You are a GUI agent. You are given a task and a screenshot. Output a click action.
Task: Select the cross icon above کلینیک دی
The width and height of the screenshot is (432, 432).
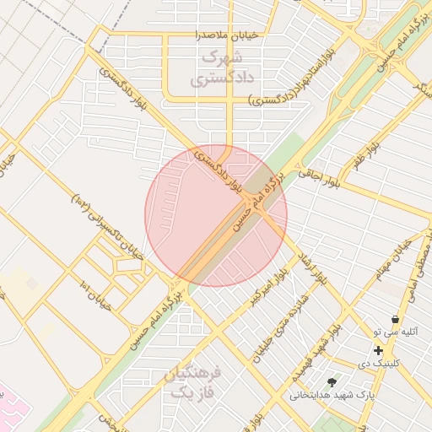tap(378, 350)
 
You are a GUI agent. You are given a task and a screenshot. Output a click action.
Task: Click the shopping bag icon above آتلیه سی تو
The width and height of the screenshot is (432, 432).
tap(396, 320)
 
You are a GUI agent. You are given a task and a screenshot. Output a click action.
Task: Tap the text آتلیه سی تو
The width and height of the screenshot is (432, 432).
tap(391, 333)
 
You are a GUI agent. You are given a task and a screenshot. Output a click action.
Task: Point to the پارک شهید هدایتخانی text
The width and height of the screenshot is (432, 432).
tap(331, 394)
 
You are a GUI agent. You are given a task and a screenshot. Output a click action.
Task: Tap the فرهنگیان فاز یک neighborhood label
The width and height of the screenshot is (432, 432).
tap(194, 382)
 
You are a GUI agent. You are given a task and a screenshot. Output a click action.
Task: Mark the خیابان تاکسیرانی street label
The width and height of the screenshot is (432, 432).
tap(109, 228)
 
